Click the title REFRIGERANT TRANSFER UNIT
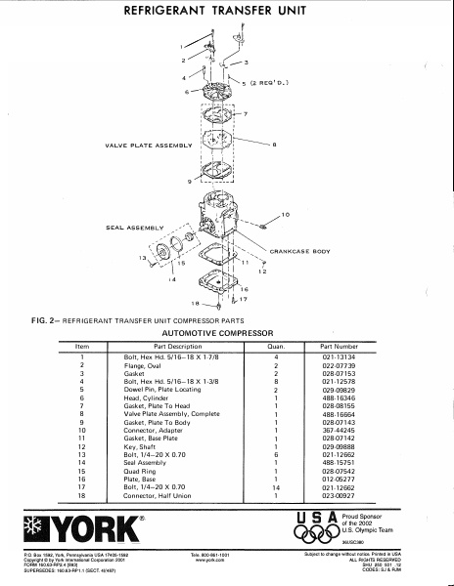coord(226,14)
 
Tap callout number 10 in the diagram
coord(286,214)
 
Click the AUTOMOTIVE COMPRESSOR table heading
coord(227,332)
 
